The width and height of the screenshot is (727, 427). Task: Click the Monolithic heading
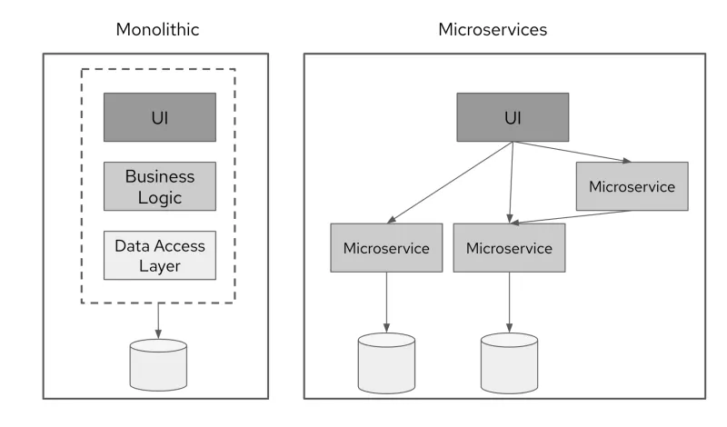click(x=157, y=29)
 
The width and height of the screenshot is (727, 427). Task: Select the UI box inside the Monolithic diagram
click(x=159, y=117)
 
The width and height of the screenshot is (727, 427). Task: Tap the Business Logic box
click(x=159, y=185)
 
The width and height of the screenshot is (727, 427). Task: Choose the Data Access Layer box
click(x=159, y=255)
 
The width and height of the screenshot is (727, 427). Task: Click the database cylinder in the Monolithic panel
click(x=159, y=364)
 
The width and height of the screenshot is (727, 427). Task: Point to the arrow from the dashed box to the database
click(x=159, y=320)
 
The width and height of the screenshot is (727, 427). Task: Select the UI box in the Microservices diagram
click(x=513, y=117)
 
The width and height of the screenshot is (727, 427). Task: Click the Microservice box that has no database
click(x=632, y=187)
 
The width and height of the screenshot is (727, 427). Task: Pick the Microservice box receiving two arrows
click(x=508, y=247)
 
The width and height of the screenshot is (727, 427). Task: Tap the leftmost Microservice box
click(x=386, y=247)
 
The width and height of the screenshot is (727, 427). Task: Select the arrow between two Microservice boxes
click(x=570, y=216)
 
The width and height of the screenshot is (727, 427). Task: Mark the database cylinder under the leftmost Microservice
click(x=386, y=361)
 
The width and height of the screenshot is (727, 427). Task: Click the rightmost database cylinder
click(x=509, y=361)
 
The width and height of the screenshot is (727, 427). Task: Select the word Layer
click(x=159, y=265)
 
